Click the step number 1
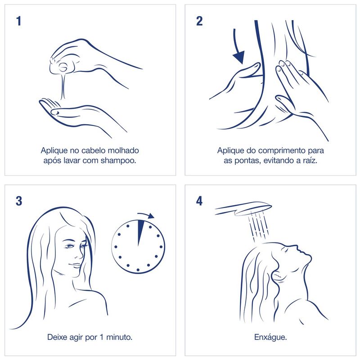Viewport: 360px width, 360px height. point(19,21)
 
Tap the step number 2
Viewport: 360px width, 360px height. point(199,21)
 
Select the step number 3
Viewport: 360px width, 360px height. point(19,201)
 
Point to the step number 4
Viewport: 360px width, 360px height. point(199,201)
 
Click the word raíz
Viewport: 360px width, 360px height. point(310,160)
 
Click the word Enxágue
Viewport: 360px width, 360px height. point(270,337)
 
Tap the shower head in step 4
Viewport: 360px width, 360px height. point(243,208)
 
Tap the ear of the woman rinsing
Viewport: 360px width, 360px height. point(277,275)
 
